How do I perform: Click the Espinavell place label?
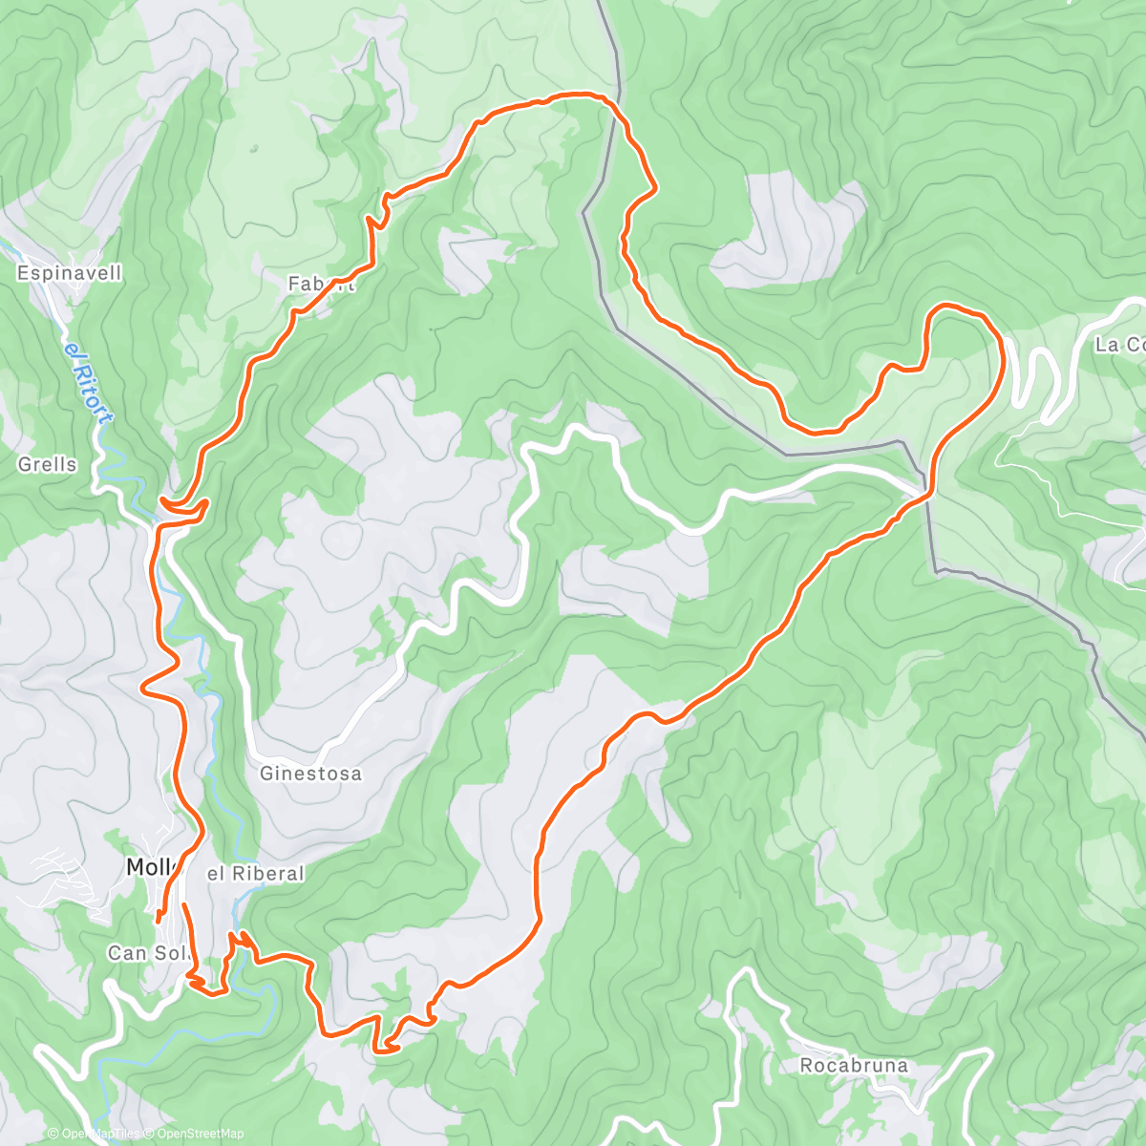coord(70,273)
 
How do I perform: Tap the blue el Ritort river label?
coord(89,383)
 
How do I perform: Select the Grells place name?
coord(47,465)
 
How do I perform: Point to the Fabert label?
coord(321,284)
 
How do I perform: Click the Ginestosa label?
coord(310,774)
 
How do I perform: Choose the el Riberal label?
coord(256,873)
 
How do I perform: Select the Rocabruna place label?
coord(854,1065)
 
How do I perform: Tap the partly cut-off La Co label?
coord(1119,345)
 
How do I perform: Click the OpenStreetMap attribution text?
coord(196,1134)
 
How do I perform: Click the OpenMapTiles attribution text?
coord(99,1134)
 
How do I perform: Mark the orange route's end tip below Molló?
coord(159,919)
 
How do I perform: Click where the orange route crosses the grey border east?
coord(926,494)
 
